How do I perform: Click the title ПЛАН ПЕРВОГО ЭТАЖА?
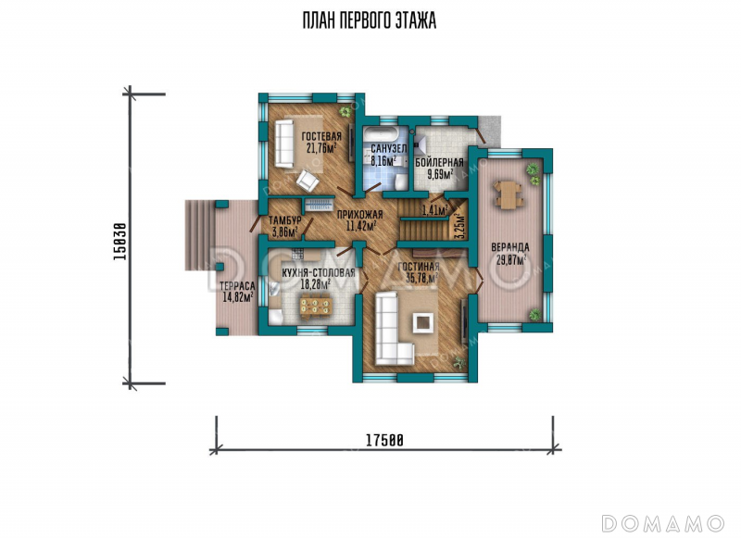369,20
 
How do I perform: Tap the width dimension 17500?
384,440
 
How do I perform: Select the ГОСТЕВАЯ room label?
321,136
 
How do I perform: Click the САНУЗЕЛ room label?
388,149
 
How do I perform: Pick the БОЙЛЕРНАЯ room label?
439,163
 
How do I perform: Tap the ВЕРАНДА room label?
510,247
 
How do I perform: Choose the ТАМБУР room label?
285,220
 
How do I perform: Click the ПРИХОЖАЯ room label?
359,215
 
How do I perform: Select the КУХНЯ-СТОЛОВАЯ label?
318,273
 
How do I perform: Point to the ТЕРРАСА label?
237,286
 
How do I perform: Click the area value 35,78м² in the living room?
422,278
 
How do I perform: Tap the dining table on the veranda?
508,194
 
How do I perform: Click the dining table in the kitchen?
316,306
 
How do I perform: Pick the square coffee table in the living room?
423,322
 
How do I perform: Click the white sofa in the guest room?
284,143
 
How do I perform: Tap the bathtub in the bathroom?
382,132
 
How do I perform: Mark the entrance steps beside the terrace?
200,235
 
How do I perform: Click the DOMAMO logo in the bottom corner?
663,523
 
